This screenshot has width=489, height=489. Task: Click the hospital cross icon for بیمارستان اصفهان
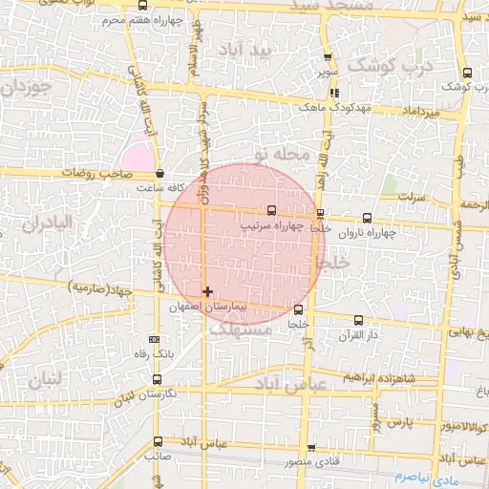(x=207, y=291)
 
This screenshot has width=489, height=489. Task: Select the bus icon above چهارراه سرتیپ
(x=271, y=210)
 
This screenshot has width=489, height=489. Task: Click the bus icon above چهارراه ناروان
(x=369, y=218)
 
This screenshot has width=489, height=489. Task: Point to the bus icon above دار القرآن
(x=358, y=321)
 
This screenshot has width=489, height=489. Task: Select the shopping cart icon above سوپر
(x=328, y=57)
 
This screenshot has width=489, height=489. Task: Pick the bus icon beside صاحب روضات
(x=159, y=174)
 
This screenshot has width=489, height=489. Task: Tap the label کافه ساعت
(x=137, y=189)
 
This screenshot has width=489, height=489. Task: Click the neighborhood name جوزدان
(x=24, y=91)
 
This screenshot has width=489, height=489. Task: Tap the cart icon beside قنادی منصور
(x=311, y=448)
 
